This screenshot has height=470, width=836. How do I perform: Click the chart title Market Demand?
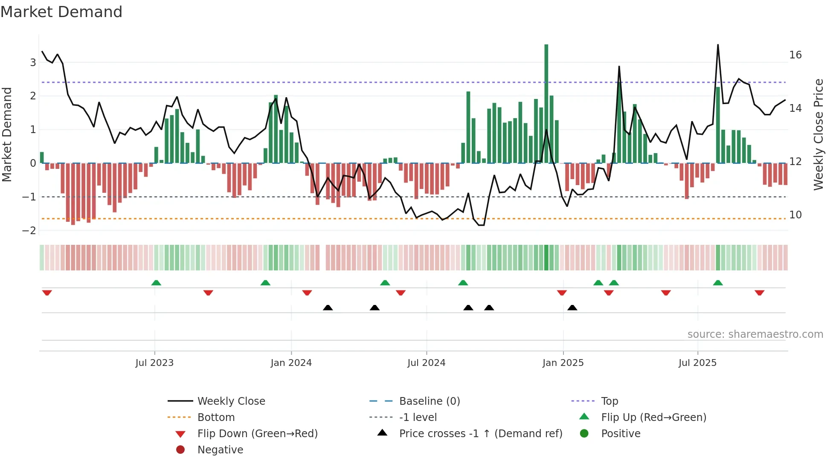coord(61,12)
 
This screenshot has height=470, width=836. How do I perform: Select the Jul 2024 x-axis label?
coord(426,363)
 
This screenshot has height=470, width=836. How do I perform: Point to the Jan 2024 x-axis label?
coord(291,363)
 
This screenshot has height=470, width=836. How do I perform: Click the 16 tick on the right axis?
coord(795,55)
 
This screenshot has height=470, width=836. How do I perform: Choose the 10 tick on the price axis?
coord(795,215)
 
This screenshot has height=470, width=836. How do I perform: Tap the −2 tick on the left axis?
coord(29,231)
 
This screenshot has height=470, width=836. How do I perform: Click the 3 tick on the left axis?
coord(33,63)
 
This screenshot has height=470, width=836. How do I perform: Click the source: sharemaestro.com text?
coord(755,334)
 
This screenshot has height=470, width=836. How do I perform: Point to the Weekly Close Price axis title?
coord(818,134)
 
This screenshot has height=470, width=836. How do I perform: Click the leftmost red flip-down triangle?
coord(47,293)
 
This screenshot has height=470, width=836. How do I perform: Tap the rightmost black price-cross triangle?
coord(572,308)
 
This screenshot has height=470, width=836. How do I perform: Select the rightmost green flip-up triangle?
coord(718,283)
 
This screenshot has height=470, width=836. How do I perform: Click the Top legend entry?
coord(609,401)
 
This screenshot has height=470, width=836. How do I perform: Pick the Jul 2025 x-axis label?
coord(697,363)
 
